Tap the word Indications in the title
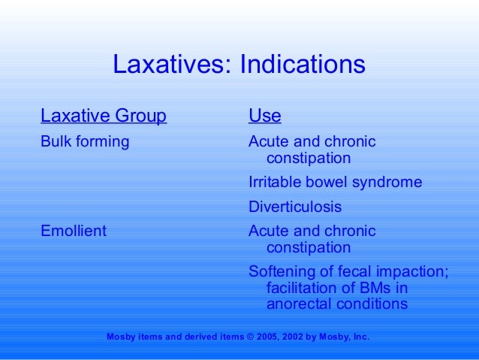click(303, 65)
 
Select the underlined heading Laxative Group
click(104, 116)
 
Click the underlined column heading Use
click(265, 116)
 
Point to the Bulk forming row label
click(85, 141)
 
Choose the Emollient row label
click(74, 231)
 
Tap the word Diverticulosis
click(295, 207)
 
